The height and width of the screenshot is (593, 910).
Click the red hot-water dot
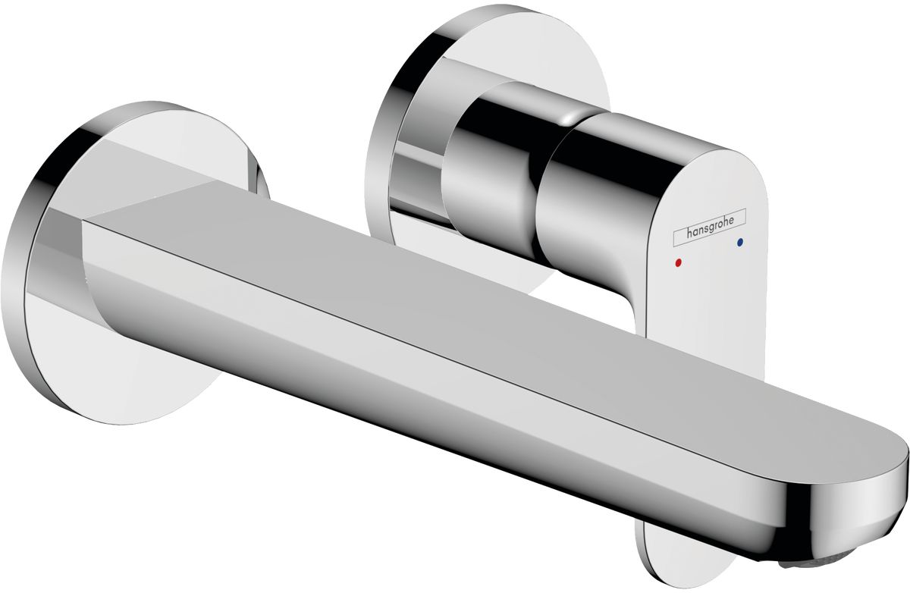(x=677, y=263)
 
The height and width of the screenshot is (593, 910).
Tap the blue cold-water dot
(x=740, y=242)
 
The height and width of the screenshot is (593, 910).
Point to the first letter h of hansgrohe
(x=689, y=233)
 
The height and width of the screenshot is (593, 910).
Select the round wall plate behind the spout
(x=134, y=264)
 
